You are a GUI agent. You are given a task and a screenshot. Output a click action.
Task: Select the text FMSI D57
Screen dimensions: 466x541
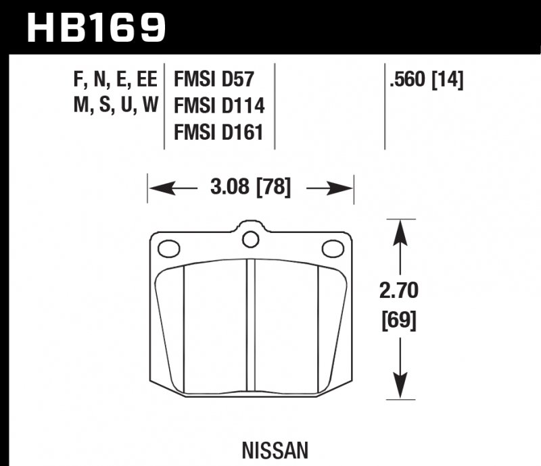(x=214, y=80)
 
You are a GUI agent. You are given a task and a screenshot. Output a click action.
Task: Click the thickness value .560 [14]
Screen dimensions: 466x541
(x=425, y=80)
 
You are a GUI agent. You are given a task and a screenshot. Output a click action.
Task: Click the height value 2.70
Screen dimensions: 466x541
(x=399, y=291)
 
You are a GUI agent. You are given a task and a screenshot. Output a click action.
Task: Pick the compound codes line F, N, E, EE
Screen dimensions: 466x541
(x=114, y=80)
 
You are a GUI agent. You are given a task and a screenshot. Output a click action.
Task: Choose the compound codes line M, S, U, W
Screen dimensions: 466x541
(x=114, y=106)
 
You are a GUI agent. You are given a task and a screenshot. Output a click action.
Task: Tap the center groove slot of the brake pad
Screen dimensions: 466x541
(x=251, y=331)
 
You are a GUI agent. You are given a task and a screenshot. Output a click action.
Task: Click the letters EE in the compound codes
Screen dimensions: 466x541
(x=147, y=80)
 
